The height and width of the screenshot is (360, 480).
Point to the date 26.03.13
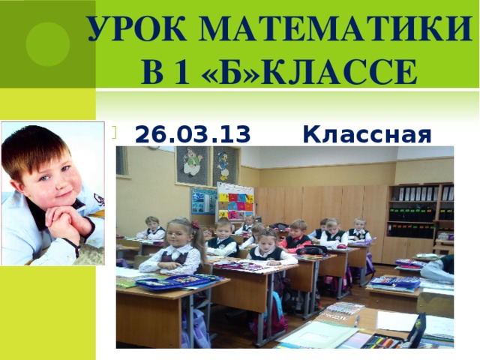[x=192, y=135]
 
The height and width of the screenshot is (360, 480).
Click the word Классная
[x=367, y=135]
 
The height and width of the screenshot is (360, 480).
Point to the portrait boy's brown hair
[x=34, y=146]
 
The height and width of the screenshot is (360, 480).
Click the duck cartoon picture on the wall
[x=224, y=164]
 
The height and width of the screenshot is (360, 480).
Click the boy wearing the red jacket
[x=298, y=235]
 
